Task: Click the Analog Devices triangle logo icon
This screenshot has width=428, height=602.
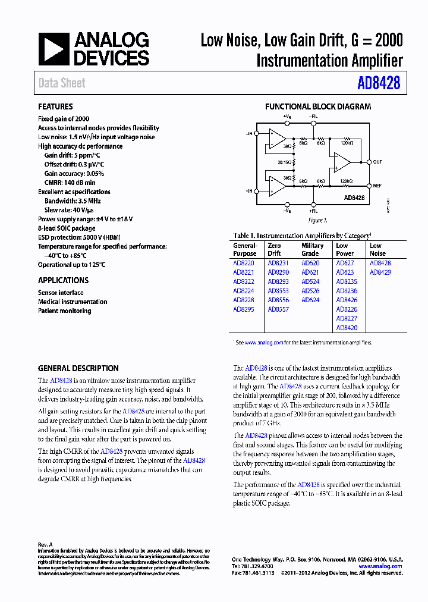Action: click(x=53, y=49)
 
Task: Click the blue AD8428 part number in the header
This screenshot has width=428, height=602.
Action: click(x=379, y=83)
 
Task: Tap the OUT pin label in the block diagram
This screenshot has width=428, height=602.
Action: click(x=378, y=161)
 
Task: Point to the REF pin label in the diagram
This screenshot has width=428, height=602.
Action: click(x=377, y=186)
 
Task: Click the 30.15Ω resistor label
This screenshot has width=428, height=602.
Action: click(x=285, y=161)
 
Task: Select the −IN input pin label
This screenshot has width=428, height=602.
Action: click(x=249, y=133)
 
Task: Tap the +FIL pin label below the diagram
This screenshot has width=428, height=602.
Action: click(x=313, y=211)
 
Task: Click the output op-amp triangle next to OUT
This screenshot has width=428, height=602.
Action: click(x=341, y=161)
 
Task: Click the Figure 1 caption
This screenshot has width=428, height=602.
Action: click(x=317, y=220)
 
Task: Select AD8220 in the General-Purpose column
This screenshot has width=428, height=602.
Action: click(x=243, y=263)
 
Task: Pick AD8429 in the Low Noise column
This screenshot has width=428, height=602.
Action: click(x=380, y=272)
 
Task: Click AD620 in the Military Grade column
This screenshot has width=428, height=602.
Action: click(x=310, y=263)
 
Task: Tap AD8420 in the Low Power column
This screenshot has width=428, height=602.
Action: click(x=347, y=328)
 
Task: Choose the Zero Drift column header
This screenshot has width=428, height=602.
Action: click(x=274, y=249)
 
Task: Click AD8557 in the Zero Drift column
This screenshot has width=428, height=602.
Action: click(x=278, y=309)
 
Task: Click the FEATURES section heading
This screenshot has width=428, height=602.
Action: click(x=55, y=106)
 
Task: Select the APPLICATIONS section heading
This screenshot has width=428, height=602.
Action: click(x=63, y=280)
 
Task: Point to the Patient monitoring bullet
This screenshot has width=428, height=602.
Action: click(x=64, y=311)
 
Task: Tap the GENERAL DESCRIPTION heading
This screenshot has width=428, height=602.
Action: click(x=78, y=368)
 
